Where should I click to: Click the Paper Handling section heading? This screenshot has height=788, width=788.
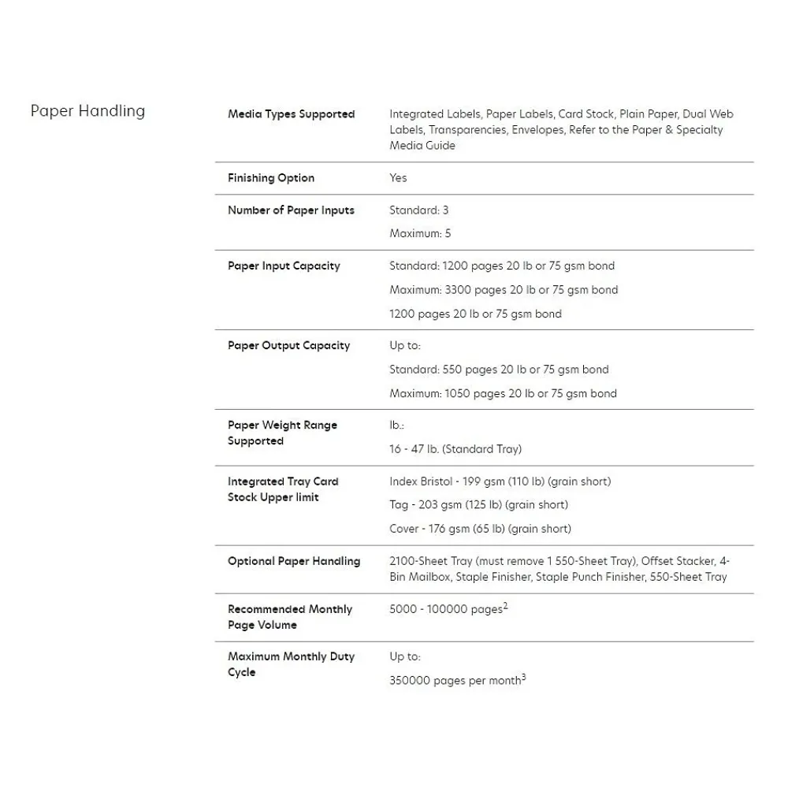(x=87, y=111)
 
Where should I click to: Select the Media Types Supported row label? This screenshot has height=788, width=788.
(x=291, y=114)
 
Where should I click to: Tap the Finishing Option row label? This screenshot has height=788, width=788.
(x=271, y=178)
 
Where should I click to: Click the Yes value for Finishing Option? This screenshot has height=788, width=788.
(x=398, y=178)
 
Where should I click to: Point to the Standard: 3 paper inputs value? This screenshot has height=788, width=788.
(x=418, y=210)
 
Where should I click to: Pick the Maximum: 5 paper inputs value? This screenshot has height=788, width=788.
(x=420, y=234)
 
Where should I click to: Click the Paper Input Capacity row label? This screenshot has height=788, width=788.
(x=284, y=266)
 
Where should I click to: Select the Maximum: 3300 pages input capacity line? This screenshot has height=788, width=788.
(x=504, y=290)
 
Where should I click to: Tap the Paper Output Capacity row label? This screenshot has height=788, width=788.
(x=288, y=346)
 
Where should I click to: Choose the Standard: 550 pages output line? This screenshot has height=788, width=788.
(x=499, y=370)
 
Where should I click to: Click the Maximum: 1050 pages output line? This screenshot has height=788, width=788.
(x=503, y=393)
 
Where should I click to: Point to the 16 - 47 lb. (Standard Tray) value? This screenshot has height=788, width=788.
(x=455, y=449)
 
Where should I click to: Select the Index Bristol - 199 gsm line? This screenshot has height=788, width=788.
(x=500, y=481)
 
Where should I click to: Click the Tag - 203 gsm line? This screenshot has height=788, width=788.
(x=478, y=505)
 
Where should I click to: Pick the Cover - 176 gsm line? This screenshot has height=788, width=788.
(x=480, y=529)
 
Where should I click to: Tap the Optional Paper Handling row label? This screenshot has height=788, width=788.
(x=294, y=561)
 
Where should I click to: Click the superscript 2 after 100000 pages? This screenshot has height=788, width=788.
(x=505, y=605)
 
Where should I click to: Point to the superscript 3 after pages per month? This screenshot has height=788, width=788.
(x=523, y=677)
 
